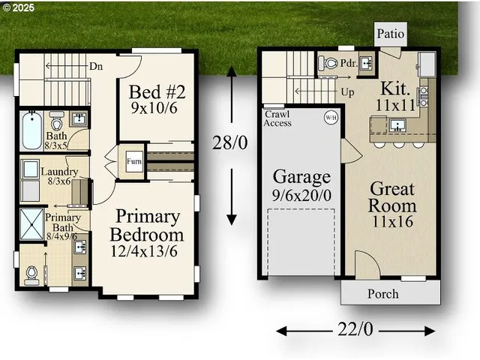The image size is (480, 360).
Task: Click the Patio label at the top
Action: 390,33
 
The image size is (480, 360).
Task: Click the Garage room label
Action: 301,178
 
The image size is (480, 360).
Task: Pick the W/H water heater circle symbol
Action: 330,118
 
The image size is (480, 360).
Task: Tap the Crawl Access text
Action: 278,118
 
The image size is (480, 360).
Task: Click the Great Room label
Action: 392,197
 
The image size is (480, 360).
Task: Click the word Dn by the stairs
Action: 97,65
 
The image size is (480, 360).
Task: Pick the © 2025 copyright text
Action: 18,7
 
